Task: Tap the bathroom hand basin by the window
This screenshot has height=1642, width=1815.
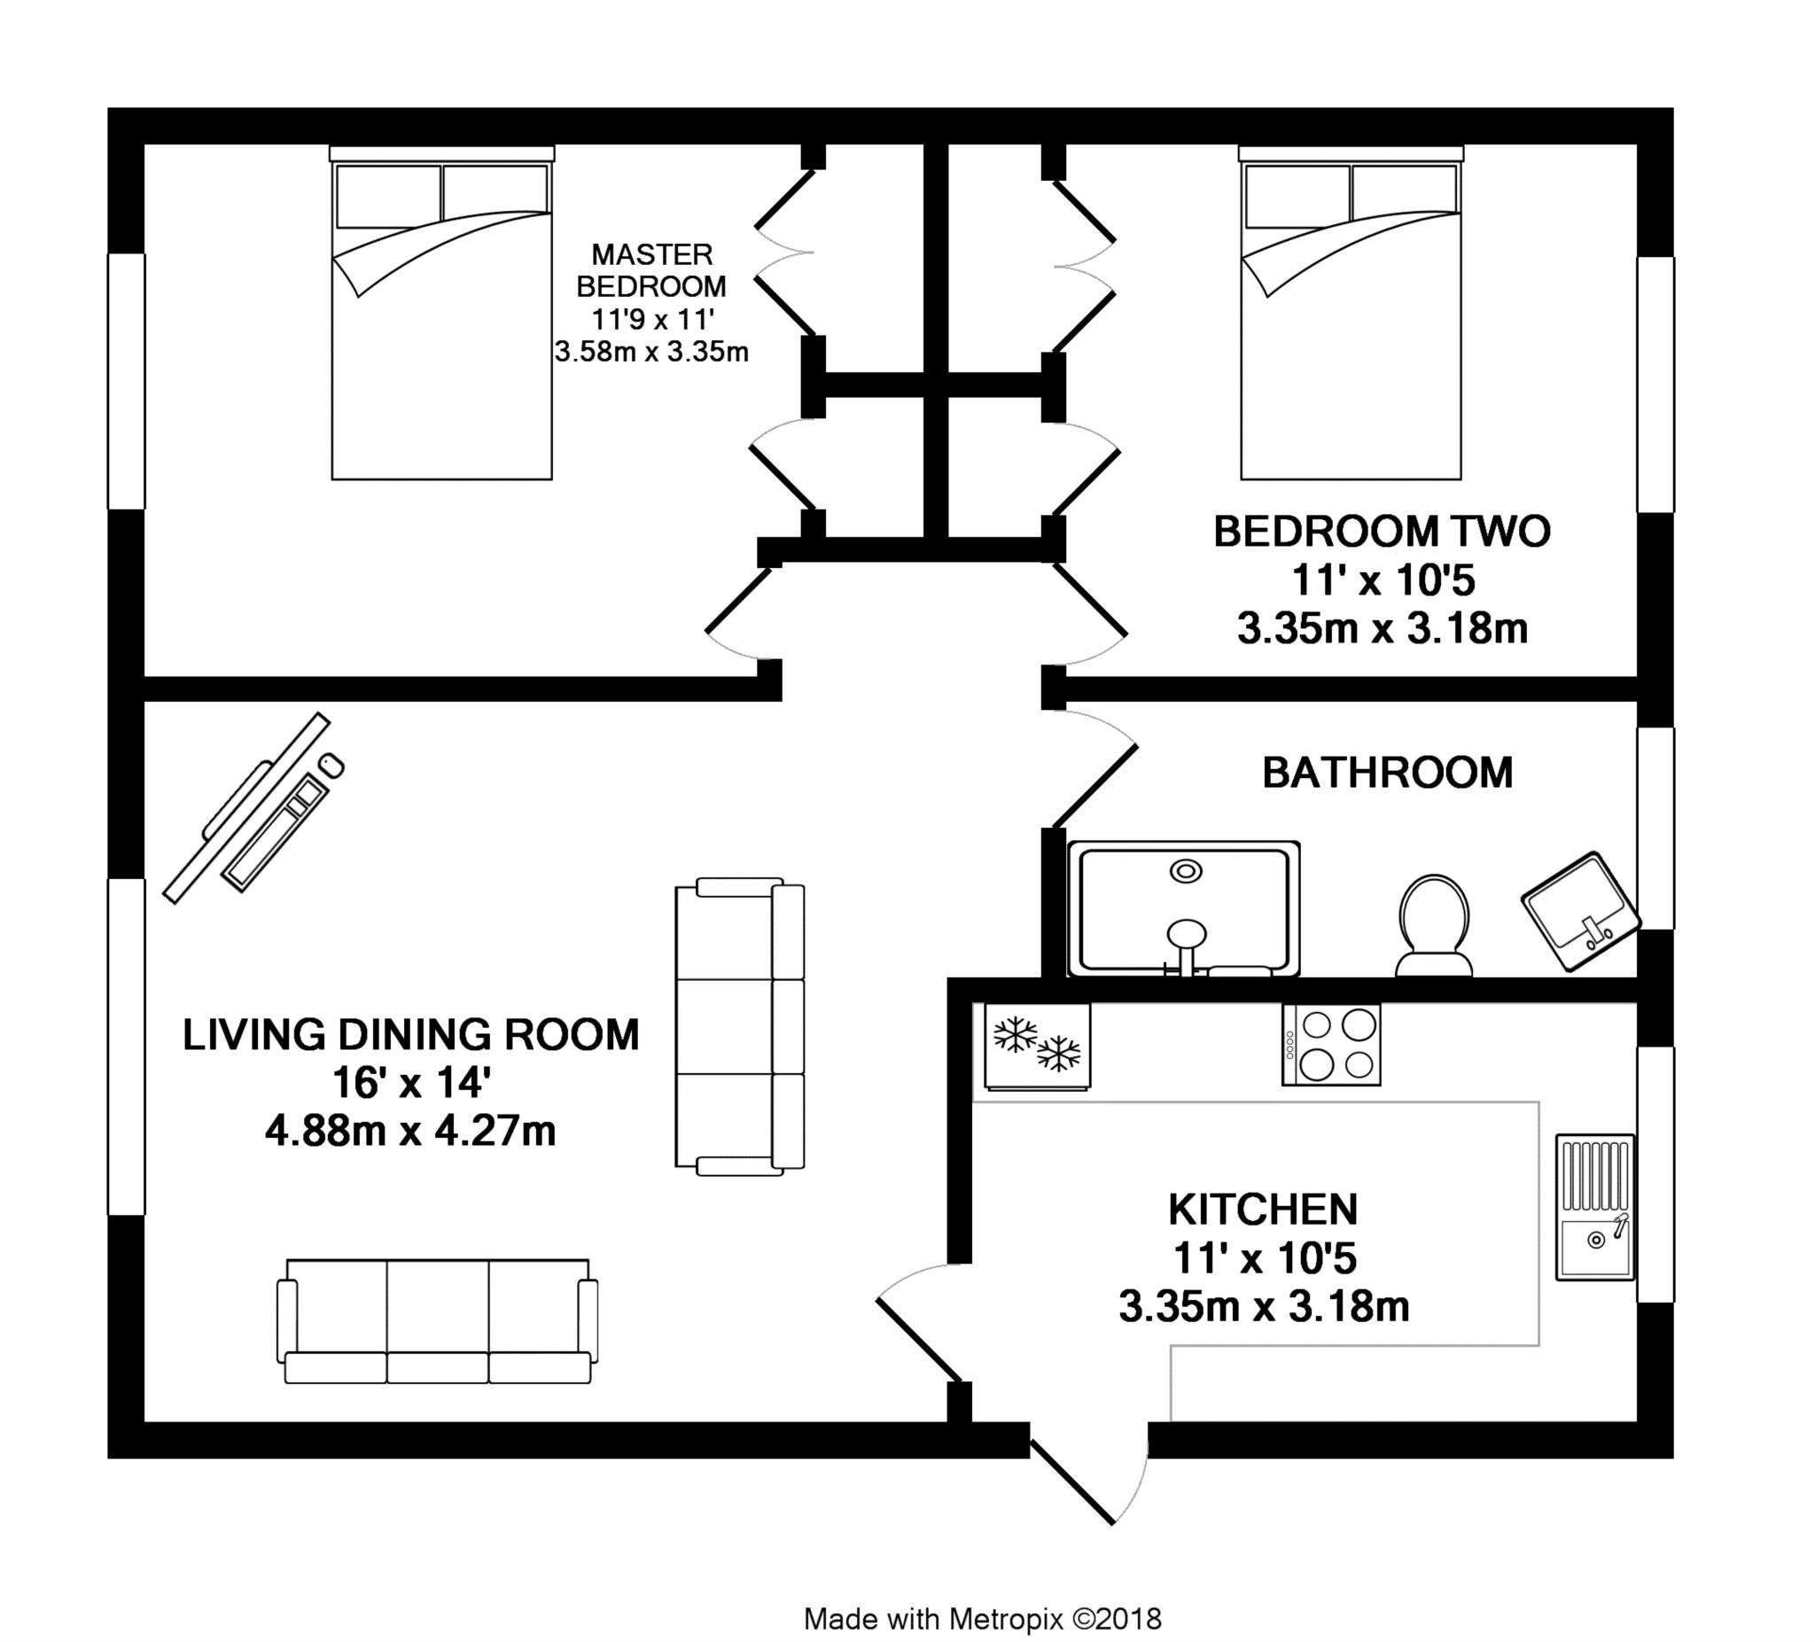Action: point(1581,912)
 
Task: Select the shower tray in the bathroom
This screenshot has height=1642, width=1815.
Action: point(1184,909)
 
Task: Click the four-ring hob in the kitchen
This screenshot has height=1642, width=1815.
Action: point(1331,1045)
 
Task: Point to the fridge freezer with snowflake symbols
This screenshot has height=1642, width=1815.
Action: point(1037,1046)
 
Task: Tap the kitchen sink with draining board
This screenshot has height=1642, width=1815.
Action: point(1595,1207)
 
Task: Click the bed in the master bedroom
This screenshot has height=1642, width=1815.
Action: point(441,313)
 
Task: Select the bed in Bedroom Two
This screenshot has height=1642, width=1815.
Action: point(1351,313)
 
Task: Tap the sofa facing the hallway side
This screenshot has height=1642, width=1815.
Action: point(740,1026)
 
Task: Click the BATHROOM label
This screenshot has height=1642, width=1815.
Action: point(1387,774)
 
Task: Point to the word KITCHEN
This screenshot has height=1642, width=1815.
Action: point(1263,1210)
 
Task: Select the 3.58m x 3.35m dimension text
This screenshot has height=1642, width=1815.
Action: point(651,351)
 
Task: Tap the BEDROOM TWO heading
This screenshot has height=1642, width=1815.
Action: point(1382,531)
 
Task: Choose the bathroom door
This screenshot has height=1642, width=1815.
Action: point(1090,770)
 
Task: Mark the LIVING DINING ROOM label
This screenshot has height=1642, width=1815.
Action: point(410,1035)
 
